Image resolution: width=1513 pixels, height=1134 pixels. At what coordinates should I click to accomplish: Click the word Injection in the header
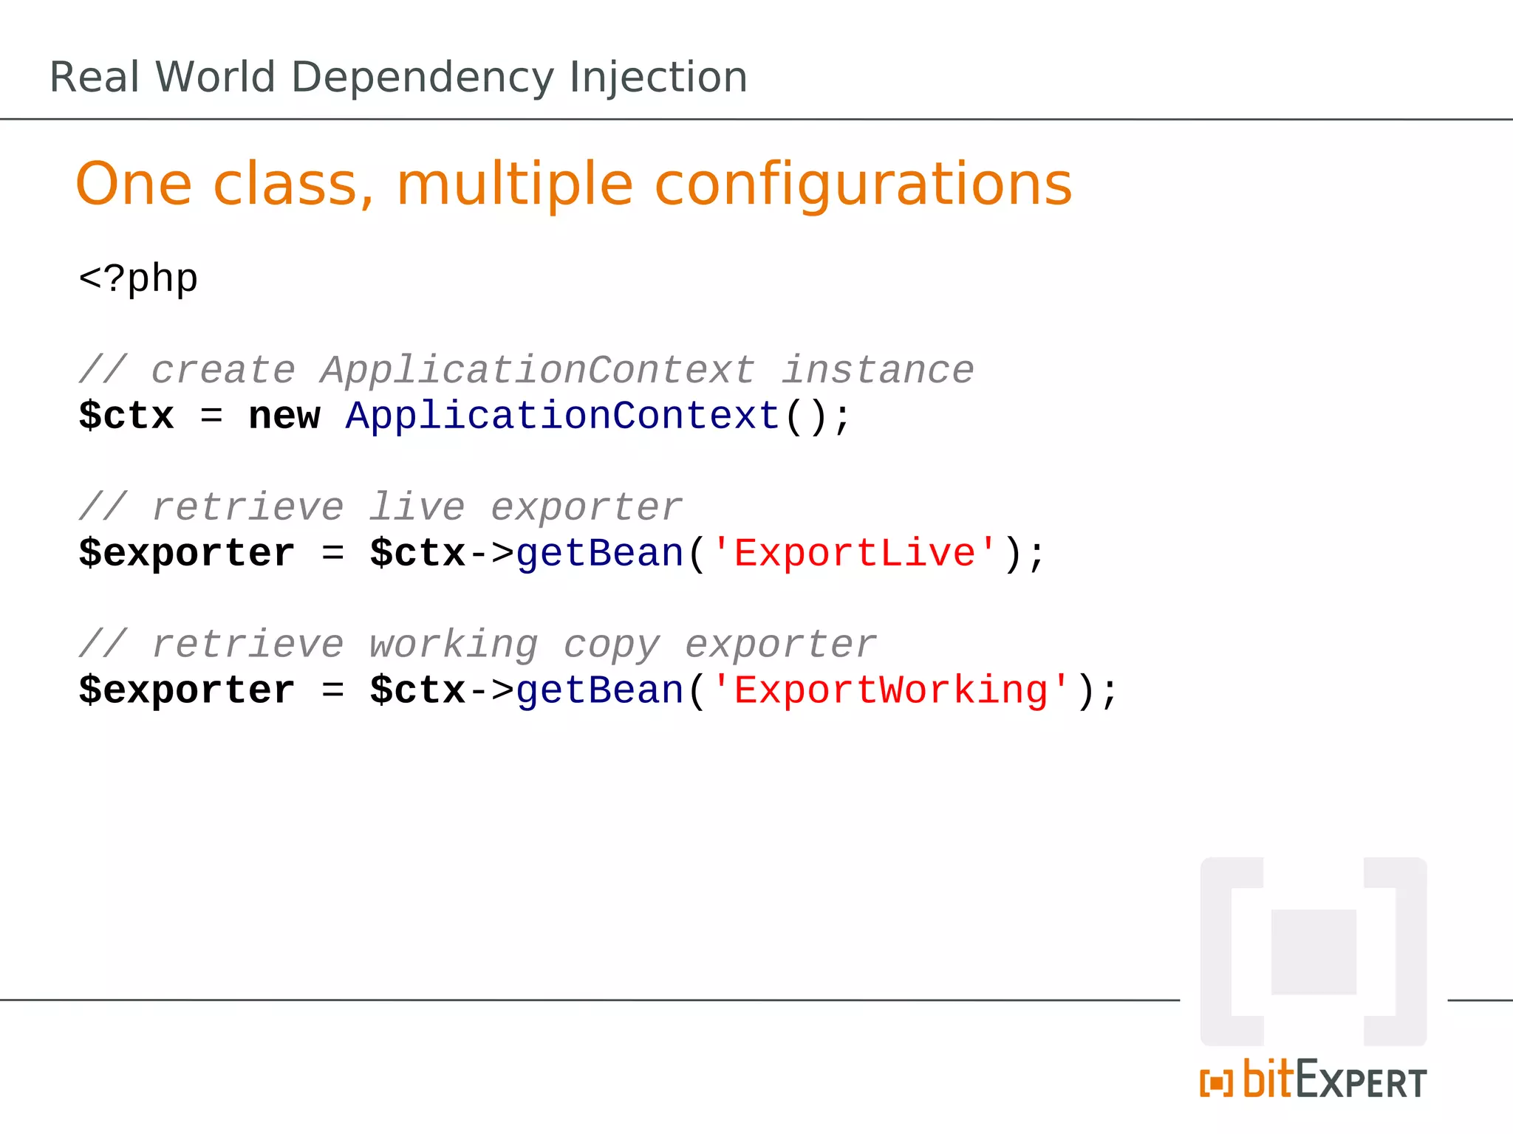[x=658, y=78]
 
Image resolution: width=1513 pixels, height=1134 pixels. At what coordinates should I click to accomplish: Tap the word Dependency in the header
[x=422, y=78]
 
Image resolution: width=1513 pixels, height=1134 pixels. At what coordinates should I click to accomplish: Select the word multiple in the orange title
[x=514, y=185]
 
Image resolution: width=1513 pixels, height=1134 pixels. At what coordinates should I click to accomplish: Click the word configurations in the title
[x=863, y=185]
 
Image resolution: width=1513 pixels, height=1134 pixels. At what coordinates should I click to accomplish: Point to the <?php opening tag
[x=138, y=279]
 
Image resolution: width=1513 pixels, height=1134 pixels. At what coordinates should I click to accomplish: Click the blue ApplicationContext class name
[x=563, y=416]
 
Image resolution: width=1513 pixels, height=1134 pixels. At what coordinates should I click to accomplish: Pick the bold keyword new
[x=284, y=416]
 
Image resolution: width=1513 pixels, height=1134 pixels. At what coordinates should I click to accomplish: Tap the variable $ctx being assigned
[x=126, y=416]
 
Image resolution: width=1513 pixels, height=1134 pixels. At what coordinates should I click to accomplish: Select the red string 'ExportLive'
[x=854, y=554]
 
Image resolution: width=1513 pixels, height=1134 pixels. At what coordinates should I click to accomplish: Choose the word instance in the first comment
[x=878, y=371]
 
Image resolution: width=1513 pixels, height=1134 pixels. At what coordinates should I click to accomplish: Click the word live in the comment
[x=417, y=508]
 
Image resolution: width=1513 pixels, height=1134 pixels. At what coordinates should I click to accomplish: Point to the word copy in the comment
[x=612, y=645]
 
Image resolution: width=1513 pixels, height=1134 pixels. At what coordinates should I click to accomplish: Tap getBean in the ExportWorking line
[x=600, y=691]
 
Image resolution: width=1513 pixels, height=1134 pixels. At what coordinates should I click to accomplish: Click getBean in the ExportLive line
[x=600, y=554]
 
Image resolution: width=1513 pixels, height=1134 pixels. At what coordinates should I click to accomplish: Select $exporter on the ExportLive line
[x=187, y=554]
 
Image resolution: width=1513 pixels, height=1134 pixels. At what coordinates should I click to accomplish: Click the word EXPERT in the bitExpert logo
[x=1361, y=1082]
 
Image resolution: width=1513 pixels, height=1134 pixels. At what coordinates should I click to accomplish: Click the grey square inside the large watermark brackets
[x=1314, y=952]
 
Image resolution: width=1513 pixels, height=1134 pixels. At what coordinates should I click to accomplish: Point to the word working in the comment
[x=454, y=645]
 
